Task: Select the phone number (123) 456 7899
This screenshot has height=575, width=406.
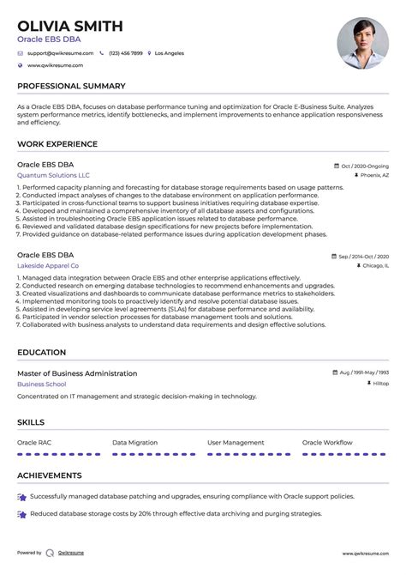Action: coord(125,53)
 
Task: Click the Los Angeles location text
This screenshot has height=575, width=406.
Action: coord(169,53)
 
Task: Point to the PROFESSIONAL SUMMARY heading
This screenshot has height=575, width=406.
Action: coord(71,86)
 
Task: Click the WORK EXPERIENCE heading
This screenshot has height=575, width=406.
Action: coord(57,144)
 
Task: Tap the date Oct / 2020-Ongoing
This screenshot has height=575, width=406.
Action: coord(365,166)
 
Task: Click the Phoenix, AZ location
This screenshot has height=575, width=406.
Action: coord(373,174)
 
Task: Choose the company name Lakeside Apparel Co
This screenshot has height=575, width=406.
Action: coord(48,266)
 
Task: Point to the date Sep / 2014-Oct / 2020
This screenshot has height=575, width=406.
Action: coord(362,257)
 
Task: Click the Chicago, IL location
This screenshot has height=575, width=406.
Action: coord(374,266)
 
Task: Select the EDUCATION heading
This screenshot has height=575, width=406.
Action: coord(41,353)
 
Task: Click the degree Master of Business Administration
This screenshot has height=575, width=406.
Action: coord(77,373)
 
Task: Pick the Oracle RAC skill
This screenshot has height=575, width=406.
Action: coord(34,443)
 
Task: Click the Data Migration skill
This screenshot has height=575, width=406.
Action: coord(134,443)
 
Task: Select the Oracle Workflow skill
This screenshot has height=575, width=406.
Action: coord(327,443)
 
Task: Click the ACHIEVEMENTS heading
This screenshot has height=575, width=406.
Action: coord(50,475)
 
